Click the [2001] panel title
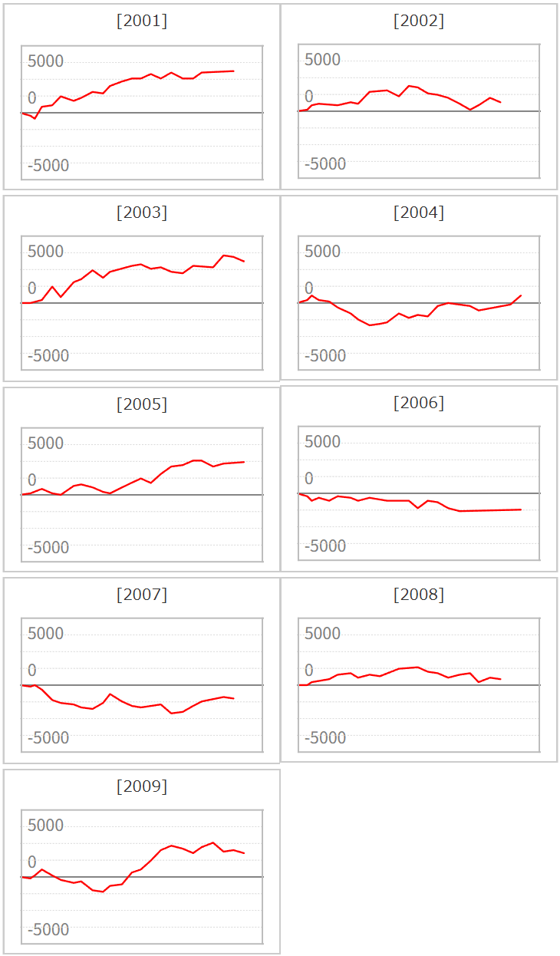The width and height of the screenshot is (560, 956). [x=142, y=21]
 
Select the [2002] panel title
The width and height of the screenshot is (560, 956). [x=419, y=21]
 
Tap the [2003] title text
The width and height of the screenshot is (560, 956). [x=142, y=212]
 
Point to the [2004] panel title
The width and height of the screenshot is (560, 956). [x=419, y=212]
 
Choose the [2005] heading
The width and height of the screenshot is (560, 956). [x=142, y=404]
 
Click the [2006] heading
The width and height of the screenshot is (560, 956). [x=419, y=403]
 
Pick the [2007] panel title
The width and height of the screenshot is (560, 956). [x=142, y=594]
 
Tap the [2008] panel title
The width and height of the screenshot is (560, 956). [x=419, y=594]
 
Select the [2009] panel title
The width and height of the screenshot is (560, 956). [x=142, y=786]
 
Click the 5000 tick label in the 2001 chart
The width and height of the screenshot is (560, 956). [x=45, y=61]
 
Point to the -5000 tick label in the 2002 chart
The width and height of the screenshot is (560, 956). [x=324, y=164]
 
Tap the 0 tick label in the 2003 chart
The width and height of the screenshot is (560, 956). [x=32, y=288]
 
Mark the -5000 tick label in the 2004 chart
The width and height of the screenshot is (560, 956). [x=324, y=355]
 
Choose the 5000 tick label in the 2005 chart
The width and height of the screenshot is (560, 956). [x=45, y=443]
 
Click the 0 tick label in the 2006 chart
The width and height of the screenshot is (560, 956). [x=309, y=479]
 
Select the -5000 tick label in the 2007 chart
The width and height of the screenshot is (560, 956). [x=48, y=737]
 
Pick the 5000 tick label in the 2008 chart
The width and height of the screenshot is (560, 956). [x=322, y=633]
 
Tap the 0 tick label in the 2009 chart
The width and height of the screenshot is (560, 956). [x=32, y=862]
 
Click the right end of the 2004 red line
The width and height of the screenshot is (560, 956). [x=521, y=295]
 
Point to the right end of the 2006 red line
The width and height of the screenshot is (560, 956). [x=521, y=509]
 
